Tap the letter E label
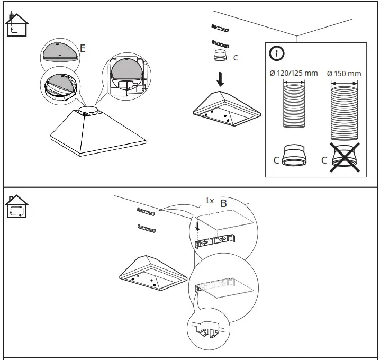[x=83, y=49]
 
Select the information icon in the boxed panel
[x=277, y=53]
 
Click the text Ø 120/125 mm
[x=294, y=73]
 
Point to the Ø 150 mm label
[x=344, y=74]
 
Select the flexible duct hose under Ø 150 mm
[x=345, y=109]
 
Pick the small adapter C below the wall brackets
[x=221, y=56]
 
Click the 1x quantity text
[x=210, y=201]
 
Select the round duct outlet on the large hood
[x=87, y=111]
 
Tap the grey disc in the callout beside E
[x=59, y=52]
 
